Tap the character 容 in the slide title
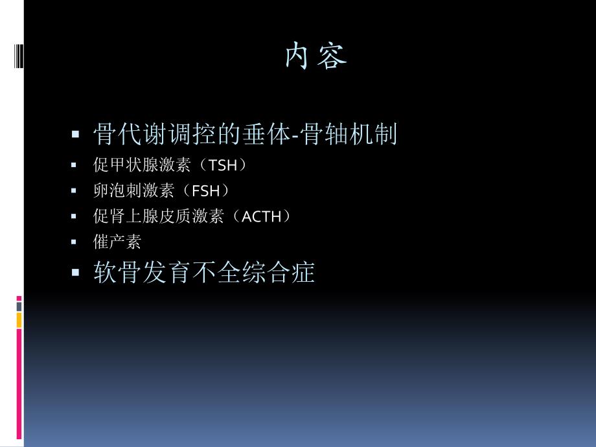[332, 57]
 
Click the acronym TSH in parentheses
[223, 166]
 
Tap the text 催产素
[117, 242]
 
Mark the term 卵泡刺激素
[133, 191]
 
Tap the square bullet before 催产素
[75, 242]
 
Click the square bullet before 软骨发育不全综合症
[75, 273]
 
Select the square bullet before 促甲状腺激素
[75, 166]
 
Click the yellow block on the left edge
[19, 319]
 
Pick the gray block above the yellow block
[19, 305]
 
